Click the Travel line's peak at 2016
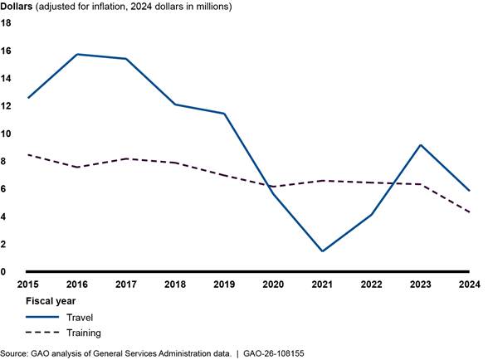(x=76, y=54)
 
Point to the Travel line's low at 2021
(x=322, y=251)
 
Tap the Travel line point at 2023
(x=421, y=145)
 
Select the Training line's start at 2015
(x=28, y=154)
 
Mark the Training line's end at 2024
(x=470, y=212)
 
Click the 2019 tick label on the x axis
(x=224, y=284)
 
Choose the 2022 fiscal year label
(x=371, y=284)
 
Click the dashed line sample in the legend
(x=42, y=332)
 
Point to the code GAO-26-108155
(x=275, y=353)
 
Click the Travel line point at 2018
(x=175, y=105)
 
